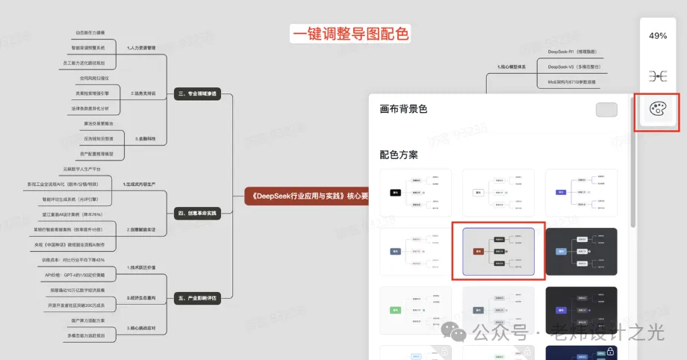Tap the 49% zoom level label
tap(658, 36)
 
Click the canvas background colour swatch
tap(606, 110)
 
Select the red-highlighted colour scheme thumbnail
tap(498, 251)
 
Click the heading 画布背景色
tap(403, 109)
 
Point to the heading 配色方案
tap(399, 155)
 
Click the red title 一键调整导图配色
tap(350, 34)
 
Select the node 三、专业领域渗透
tap(197, 94)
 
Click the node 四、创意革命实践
tap(197, 214)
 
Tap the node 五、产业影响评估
tap(197, 298)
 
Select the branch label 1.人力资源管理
tap(141, 47)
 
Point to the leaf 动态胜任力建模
tap(90, 33)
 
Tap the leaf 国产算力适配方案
tap(88, 320)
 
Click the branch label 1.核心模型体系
tap(512, 67)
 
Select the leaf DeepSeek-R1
tap(571, 52)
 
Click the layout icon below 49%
tap(657, 76)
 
